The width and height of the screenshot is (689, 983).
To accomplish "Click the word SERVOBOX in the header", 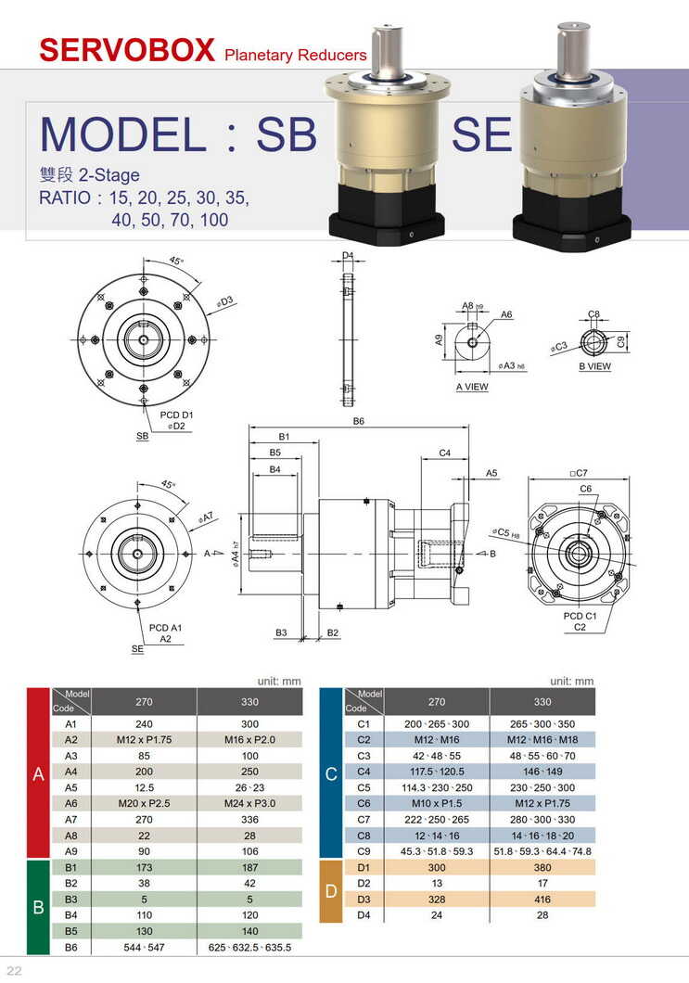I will pos(127,49).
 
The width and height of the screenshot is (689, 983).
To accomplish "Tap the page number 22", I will pos(14,970).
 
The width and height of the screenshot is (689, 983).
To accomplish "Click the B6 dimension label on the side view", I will pos(359,421).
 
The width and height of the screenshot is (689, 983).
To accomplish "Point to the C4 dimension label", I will pos(444,453).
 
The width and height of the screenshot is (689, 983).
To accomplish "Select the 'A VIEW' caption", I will pos(471,387).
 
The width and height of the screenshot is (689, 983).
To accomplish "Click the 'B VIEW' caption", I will pos(594,366).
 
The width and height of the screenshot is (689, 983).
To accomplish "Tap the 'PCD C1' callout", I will pos(580,616).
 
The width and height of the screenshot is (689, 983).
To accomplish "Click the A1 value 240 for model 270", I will pos(144,723).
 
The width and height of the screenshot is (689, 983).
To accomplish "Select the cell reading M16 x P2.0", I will pos(249,740).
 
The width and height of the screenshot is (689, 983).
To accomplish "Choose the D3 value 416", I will pos(542,899).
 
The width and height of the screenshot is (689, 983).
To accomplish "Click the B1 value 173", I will pos(144,866).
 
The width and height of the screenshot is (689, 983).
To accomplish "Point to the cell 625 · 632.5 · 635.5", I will pos(249,948).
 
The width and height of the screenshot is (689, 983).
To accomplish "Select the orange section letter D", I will pos(331,892).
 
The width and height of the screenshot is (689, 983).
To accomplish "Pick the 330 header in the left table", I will pos(249,702).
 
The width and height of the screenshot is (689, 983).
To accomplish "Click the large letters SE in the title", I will pos(481,135).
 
